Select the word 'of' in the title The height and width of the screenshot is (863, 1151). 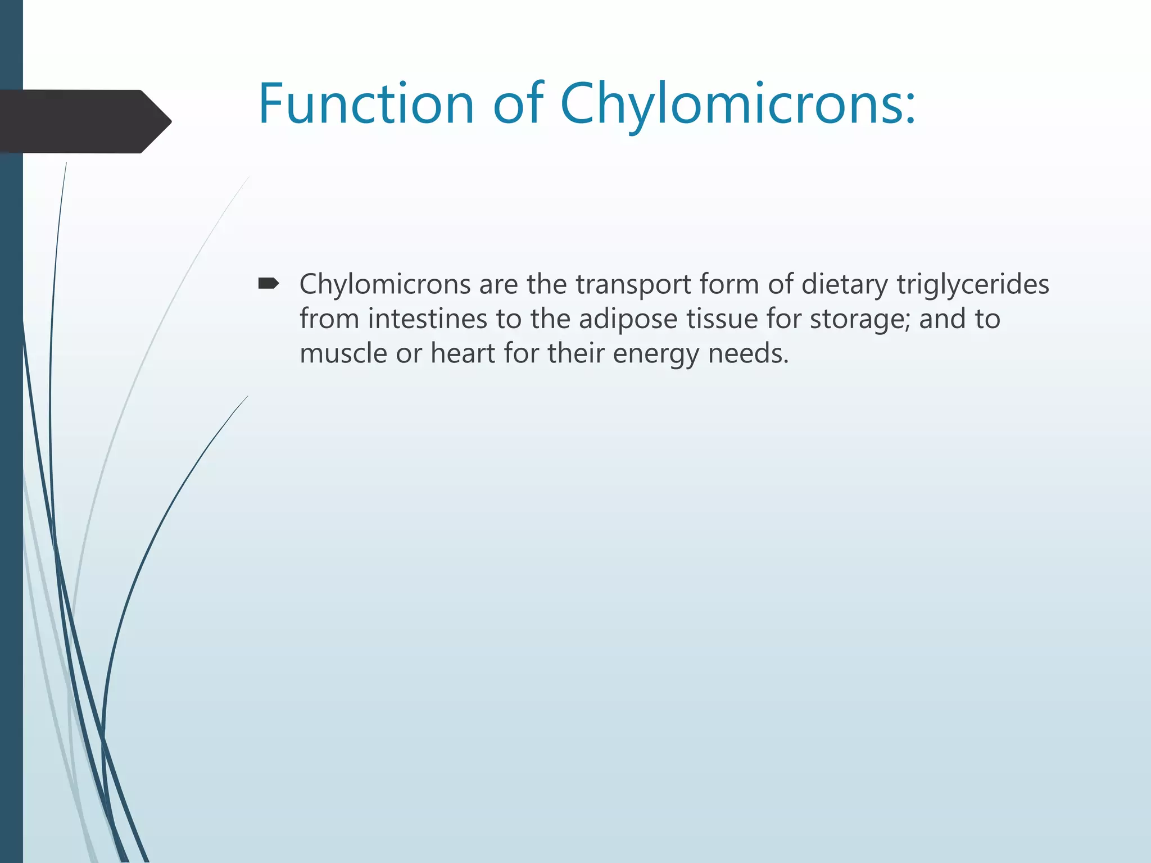[x=518, y=104]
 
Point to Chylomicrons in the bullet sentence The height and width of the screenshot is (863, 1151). [x=385, y=285]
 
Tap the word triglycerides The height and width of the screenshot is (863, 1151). [x=973, y=285]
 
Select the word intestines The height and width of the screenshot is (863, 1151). [x=428, y=319]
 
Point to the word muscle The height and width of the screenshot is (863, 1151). [x=343, y=353]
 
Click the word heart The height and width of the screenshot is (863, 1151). [x=463, y=353]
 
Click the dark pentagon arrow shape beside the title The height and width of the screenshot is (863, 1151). [x=84, y=121]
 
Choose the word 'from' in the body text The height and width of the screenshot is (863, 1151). [x=329, y=319]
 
